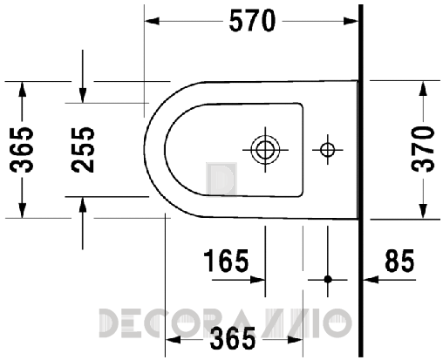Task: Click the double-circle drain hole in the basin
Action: (x=262, y=149)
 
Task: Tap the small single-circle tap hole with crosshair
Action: (x=328, y=149)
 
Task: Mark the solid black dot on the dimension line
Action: (x=328, y=280)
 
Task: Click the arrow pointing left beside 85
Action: (x=370, y=280)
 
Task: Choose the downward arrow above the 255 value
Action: (x=81, y=94)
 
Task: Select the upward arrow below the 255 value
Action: (x=81, y=204)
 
